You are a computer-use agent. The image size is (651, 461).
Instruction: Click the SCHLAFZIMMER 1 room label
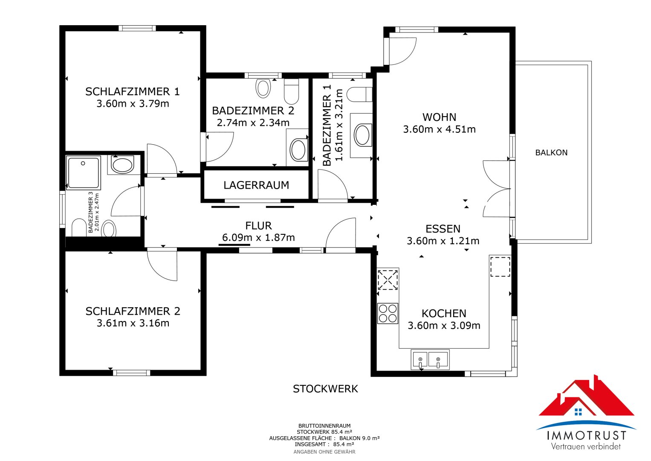pos(133,92)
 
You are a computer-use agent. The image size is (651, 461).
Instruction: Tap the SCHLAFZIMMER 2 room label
pos(133,312)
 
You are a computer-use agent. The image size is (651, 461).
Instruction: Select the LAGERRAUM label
pos(256,185)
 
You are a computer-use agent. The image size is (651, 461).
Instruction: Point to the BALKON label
pos(551,152)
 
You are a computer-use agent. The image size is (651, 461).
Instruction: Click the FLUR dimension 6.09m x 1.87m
pos(258,237)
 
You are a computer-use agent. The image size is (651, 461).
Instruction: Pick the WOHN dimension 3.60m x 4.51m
pos(439,129)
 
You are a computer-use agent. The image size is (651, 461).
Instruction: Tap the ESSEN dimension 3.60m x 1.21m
pos(443,241)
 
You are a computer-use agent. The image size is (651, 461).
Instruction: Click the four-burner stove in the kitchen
pos(388,313)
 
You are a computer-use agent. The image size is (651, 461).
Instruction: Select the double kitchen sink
pos(430,360)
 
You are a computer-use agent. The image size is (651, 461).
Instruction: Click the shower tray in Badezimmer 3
pos(84,173)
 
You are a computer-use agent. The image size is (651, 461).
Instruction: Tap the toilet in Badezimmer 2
pos(291,91)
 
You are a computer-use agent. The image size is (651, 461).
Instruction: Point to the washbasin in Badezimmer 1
pos(362,135)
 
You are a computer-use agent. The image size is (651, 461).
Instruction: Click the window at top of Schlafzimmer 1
pos(137,28)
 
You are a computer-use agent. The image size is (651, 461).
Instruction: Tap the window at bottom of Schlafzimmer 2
pos(131,373)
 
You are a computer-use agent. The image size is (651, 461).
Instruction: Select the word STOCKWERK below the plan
pos(325,389)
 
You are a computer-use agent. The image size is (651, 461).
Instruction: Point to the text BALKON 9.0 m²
pos(359,438)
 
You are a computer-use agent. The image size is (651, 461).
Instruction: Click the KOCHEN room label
pos(444,313)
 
